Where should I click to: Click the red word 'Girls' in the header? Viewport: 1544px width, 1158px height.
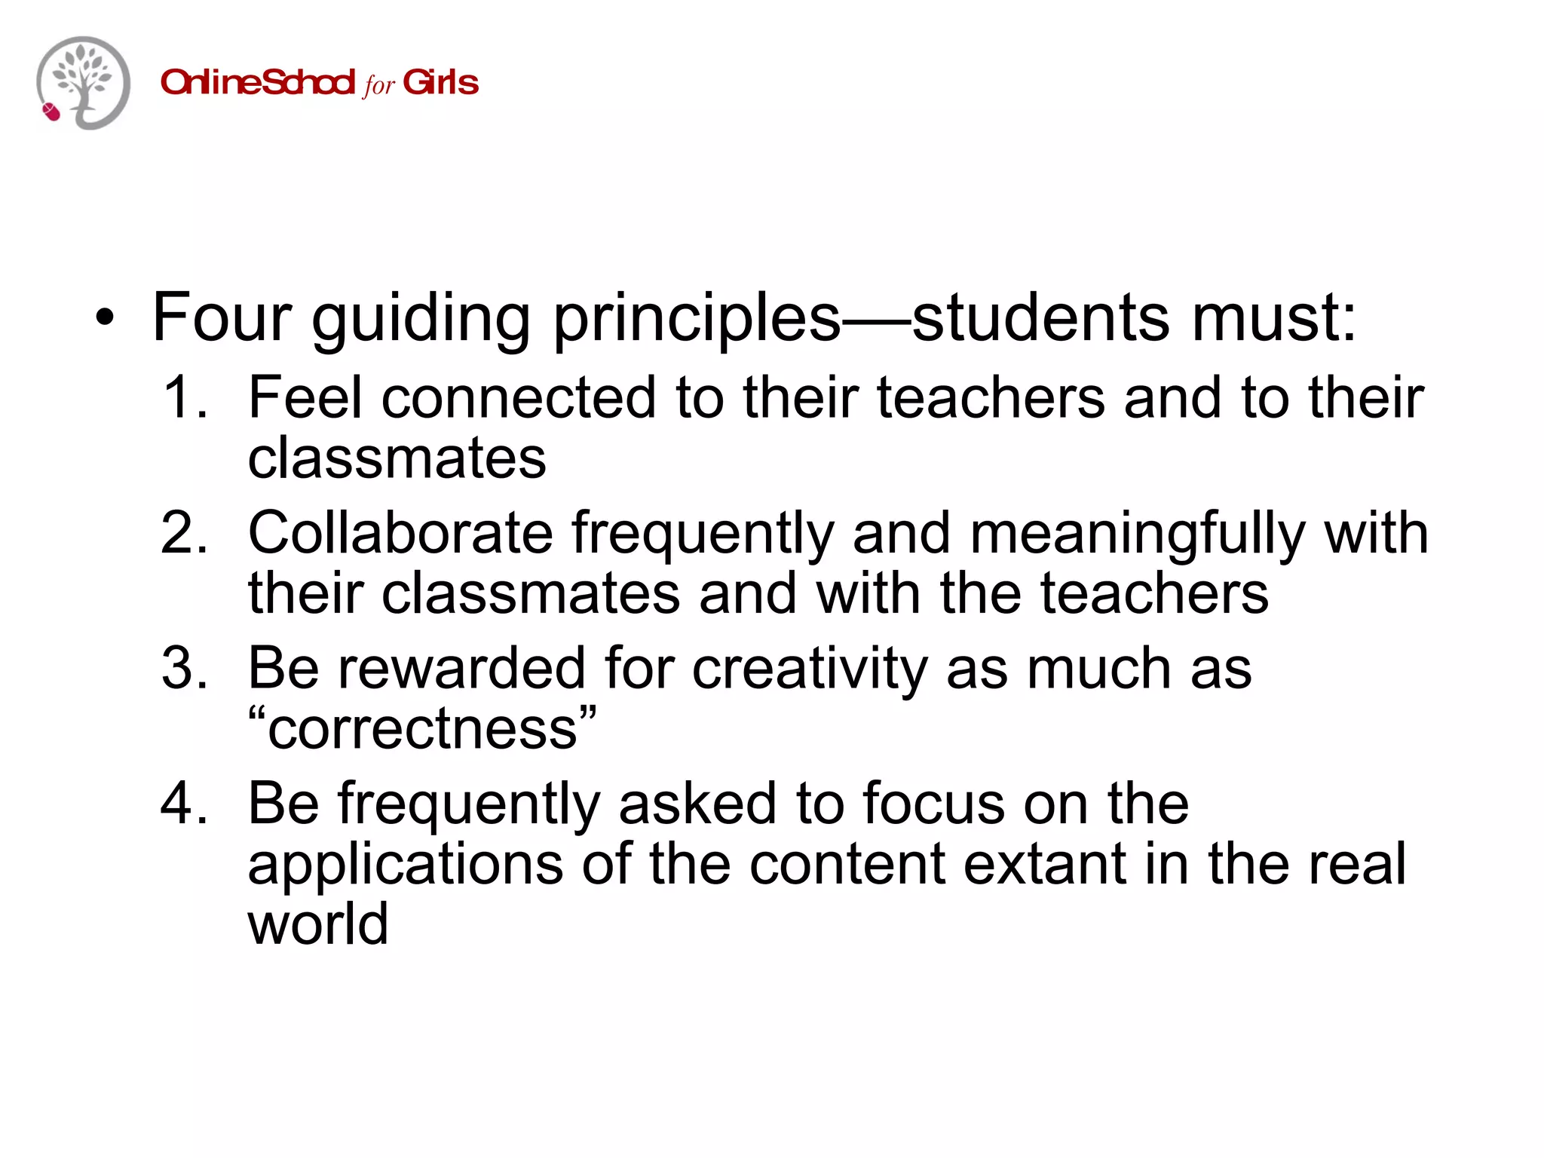click(x=441, y=82)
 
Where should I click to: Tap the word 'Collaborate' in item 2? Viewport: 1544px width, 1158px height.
click(x=400, y=533)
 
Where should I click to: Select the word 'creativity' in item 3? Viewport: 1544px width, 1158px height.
click(x=810, y=669)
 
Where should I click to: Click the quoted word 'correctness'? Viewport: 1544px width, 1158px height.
click(x=422, y=729)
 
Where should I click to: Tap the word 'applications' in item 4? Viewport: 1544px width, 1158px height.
click(x=405, y=865)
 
